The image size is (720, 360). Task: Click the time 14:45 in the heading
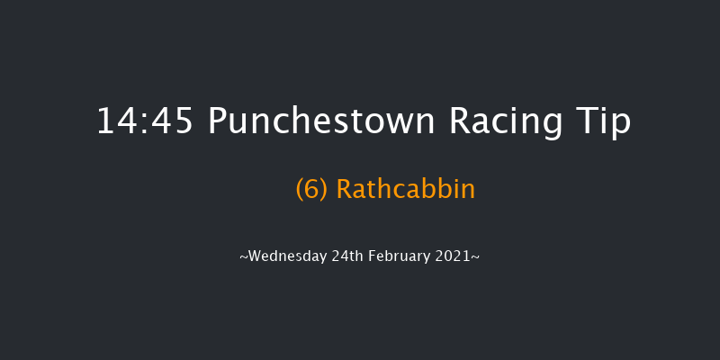pos(145,122)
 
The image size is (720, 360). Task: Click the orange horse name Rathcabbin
pos(405,190)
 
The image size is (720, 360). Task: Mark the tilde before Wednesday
pos(244,256)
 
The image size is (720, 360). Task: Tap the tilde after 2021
pos(475,256)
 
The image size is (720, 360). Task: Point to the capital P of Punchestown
pos(218,122)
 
